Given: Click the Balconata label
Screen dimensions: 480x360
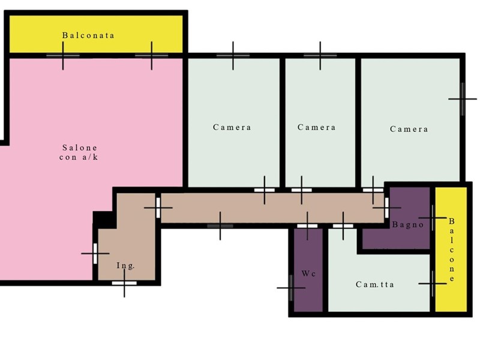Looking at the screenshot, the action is [x=88, y=35].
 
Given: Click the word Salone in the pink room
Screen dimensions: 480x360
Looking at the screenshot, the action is [x=80, y=148].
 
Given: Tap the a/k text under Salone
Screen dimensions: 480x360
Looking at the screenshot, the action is [x=91, y=157].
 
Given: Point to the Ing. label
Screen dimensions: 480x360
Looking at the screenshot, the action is [x=125, y=266].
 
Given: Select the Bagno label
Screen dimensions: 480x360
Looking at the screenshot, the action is [x=408, y=224].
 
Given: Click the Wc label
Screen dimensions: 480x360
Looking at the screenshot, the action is [x=308, y=274].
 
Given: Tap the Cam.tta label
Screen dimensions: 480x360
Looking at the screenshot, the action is [x=374, y=284].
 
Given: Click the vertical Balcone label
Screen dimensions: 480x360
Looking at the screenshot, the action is [x=452, y=250].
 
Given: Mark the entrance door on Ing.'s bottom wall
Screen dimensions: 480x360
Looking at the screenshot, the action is [x=124, y=283].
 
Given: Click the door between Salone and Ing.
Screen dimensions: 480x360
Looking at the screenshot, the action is [x=95, y=253].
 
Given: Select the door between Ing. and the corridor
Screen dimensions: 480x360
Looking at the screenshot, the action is [x=158, y=208].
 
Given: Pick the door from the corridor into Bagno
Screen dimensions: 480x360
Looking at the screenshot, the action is [x=386, y=208].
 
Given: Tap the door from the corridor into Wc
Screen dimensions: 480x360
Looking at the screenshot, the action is [x=307, y=226].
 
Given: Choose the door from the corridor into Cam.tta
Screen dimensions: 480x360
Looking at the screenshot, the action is [x=343, y=226].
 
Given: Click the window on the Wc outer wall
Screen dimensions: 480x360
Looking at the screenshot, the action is [x=291, y=288].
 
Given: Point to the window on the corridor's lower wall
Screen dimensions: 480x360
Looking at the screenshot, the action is [x=220, y=226].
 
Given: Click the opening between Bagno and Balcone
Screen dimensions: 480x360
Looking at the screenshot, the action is [x=433, y=218].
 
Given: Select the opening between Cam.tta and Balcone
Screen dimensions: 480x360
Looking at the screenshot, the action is [x=433, y=284].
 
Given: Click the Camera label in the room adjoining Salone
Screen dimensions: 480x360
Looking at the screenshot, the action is [x=232, y=127].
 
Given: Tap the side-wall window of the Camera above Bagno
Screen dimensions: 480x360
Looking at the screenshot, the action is [x=463, y=99].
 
